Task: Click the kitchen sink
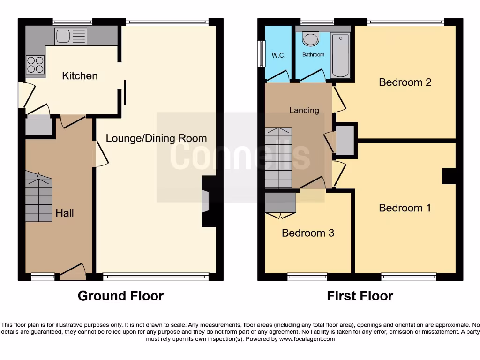click(70, 36)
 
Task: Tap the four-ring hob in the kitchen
click(35, 65)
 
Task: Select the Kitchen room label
click(80, 76)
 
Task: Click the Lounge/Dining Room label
click(156, 138)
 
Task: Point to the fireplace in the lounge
click(207, 201)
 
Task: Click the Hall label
click(65, 213)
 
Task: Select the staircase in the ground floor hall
click(38, 197)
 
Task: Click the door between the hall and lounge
click(102, 153)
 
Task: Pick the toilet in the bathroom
click(310, 38)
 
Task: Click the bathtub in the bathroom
click(340, 55)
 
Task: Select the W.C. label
click(278, 55)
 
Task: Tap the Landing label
click(304, 110)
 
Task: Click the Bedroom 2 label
click(405, 82)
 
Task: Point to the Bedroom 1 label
click(405, 208)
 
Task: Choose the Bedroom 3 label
click(308, 233)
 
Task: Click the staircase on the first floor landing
click(278, 157)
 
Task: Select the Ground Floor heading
click(120, 296)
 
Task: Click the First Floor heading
click(360, 296)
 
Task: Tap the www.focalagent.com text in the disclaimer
click(307, 339)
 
